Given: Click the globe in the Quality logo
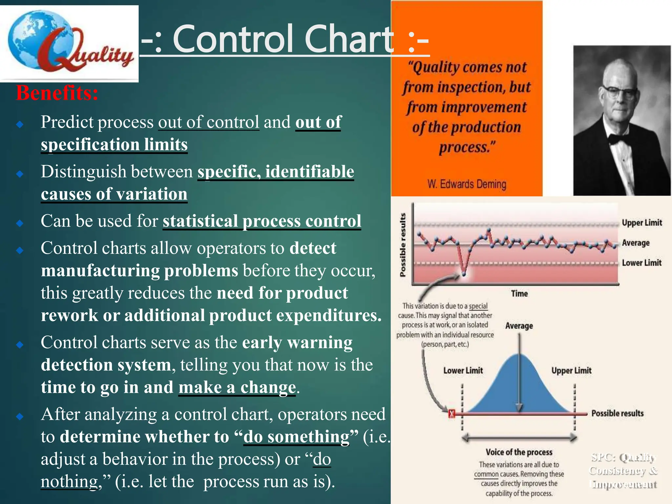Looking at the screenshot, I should click(x=36, y=39).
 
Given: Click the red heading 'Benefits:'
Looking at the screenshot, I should click(x=57, y=93).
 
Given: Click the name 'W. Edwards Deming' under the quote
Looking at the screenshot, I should click(x=467, y=184).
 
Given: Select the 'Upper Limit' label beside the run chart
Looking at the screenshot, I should click(x=642, y=223).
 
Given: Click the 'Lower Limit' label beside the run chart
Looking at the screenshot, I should click(x=641, y=263).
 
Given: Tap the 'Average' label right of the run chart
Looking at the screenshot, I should click(x=636, y=243).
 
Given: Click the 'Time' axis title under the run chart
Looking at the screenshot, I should click(x=519, y=294).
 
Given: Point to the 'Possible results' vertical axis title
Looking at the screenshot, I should click(x=403, y=245).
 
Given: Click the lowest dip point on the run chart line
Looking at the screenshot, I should click(x=464, y=273).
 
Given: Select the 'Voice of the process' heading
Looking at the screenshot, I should click(x=519, y=452).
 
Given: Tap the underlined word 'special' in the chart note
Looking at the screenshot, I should click(x=478, y=306).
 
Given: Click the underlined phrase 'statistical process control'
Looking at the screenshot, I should click(x=262, y=221).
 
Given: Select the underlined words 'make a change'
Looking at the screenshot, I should click(x=237, y=388).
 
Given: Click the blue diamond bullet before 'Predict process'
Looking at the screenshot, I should click(x=20, y=124).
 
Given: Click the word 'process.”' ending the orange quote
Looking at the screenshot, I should click(x=467, y=147).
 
